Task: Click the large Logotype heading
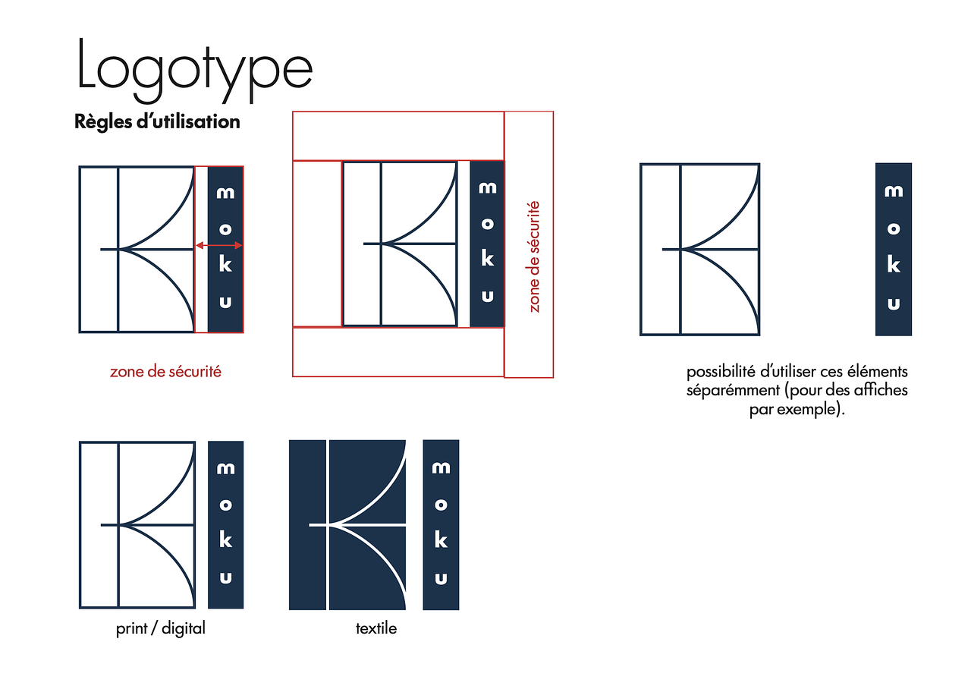click(195, 69)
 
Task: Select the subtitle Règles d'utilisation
click(157, 122)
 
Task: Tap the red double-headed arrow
click(219, 245)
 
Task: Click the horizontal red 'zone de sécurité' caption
click(165, 372)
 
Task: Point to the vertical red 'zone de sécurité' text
click(533, 256)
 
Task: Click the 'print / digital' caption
click(160, 629)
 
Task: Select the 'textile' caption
click(376, 628)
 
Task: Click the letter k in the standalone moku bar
click(894, 264)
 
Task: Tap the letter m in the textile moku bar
click(441, 467)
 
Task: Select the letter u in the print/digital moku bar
click(225, 577)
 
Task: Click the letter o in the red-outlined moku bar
click(225, 229)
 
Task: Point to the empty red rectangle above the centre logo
click(398, 136)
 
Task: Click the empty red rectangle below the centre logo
click(398, 352)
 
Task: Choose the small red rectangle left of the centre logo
click(317, 244)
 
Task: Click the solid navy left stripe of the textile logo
click(307, 525)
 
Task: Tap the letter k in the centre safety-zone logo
click(487, 259)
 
